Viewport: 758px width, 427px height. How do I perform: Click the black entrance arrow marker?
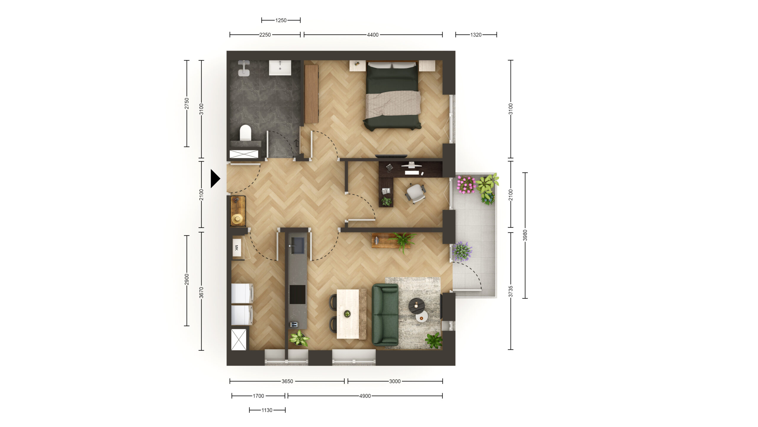[x=215, y=179]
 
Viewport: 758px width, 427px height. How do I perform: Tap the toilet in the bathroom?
[x=245, y=132]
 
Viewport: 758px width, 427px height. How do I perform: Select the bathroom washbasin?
[x=280, y=68]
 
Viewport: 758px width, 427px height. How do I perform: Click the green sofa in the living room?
[x=385, y=315]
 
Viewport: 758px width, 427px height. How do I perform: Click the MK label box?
[x=236, y=248]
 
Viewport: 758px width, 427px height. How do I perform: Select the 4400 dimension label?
[x=372, y=35]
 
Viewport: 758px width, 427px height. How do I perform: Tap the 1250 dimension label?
[x=281, y=20]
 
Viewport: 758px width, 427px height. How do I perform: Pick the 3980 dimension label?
[x=525, y=235]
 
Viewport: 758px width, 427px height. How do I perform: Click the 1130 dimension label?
[x=266, y=410]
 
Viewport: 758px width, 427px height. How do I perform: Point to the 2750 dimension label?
[x=187, y=103]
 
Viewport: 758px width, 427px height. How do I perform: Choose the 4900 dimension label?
[x=365, y=396]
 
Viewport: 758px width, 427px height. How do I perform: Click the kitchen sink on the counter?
[x=297, y=246]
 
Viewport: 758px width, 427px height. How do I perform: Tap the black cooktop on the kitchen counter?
[x=297, y=294]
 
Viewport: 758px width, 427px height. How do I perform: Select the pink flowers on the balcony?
[x=466, y=184]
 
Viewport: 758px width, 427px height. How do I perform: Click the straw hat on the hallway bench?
[x=237, y=219]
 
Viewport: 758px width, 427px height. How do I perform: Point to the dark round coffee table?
[x=417, y=306]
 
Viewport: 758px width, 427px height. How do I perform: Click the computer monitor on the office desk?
[x=411, y=165]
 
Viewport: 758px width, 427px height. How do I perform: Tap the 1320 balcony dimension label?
[x=476, y=35]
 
